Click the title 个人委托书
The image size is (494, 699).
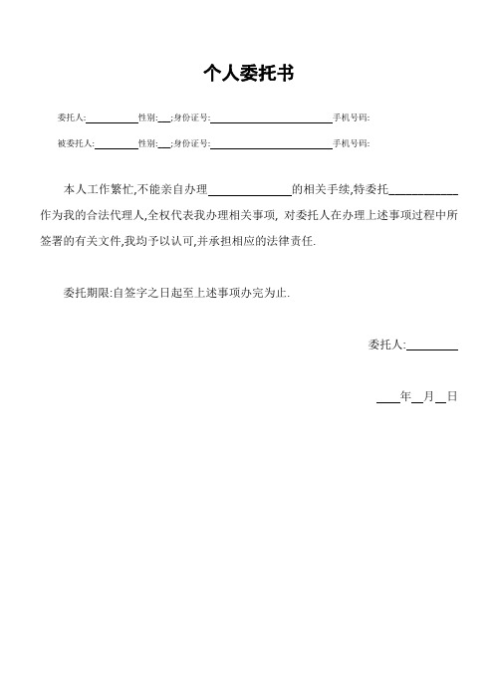click(x=246, y=74)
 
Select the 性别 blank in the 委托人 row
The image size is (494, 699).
click(x=164, y=118)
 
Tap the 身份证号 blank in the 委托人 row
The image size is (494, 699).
click(x=270, y=118)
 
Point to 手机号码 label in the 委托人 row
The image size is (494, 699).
click(x=351, y=118)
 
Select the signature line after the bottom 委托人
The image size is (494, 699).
click(x=432, y=346)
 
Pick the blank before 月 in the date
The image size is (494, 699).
click(x=416, y=397)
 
